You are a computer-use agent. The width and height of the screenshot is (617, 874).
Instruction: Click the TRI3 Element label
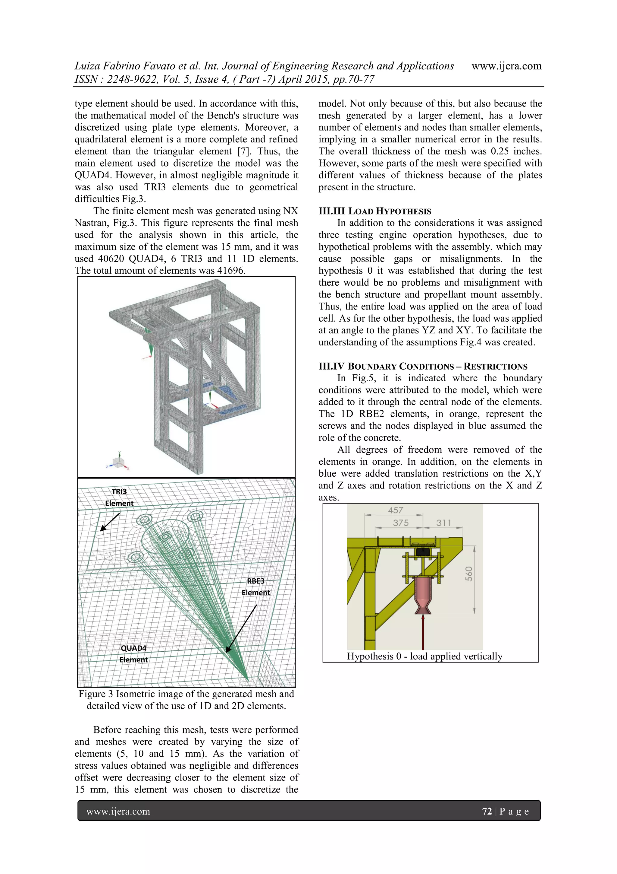pos(119,497)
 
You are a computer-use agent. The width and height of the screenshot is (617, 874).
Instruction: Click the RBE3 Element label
pos(255,586)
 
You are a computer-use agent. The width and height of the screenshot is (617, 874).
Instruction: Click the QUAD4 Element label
pos(133,653)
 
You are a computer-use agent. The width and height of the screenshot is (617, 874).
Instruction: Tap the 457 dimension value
pos(395,510)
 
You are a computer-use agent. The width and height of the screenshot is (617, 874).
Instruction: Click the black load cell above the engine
pos(423,551)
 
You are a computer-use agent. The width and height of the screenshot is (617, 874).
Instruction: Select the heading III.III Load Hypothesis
pos(375,211)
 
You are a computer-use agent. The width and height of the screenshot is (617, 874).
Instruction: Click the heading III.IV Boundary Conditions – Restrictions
pos(423,367)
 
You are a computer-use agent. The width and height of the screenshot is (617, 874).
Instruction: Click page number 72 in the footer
pos(487,811)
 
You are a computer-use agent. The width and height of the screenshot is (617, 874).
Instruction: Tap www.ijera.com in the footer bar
pos(118,811)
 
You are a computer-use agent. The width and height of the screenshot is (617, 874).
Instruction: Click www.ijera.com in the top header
pos(506,66)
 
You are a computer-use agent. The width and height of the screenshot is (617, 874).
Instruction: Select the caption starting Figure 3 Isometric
pos(186,700)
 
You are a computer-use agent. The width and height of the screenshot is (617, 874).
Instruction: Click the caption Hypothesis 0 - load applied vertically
pos(424,656)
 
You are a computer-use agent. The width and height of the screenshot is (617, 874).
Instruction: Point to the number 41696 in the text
pos(231,271)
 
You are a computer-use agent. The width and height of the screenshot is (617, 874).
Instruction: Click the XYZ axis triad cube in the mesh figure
pos(118,462)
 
